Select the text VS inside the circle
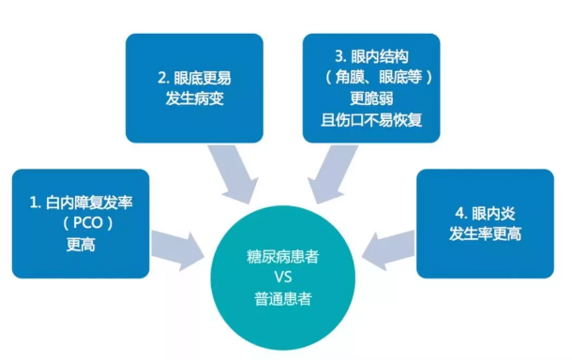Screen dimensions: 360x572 285,277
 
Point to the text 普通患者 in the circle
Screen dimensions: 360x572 285,300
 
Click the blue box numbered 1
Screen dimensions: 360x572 80,223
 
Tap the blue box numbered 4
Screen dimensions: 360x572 485,223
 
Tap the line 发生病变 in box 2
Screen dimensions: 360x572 194,98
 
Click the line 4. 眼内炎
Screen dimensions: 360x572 485,212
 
